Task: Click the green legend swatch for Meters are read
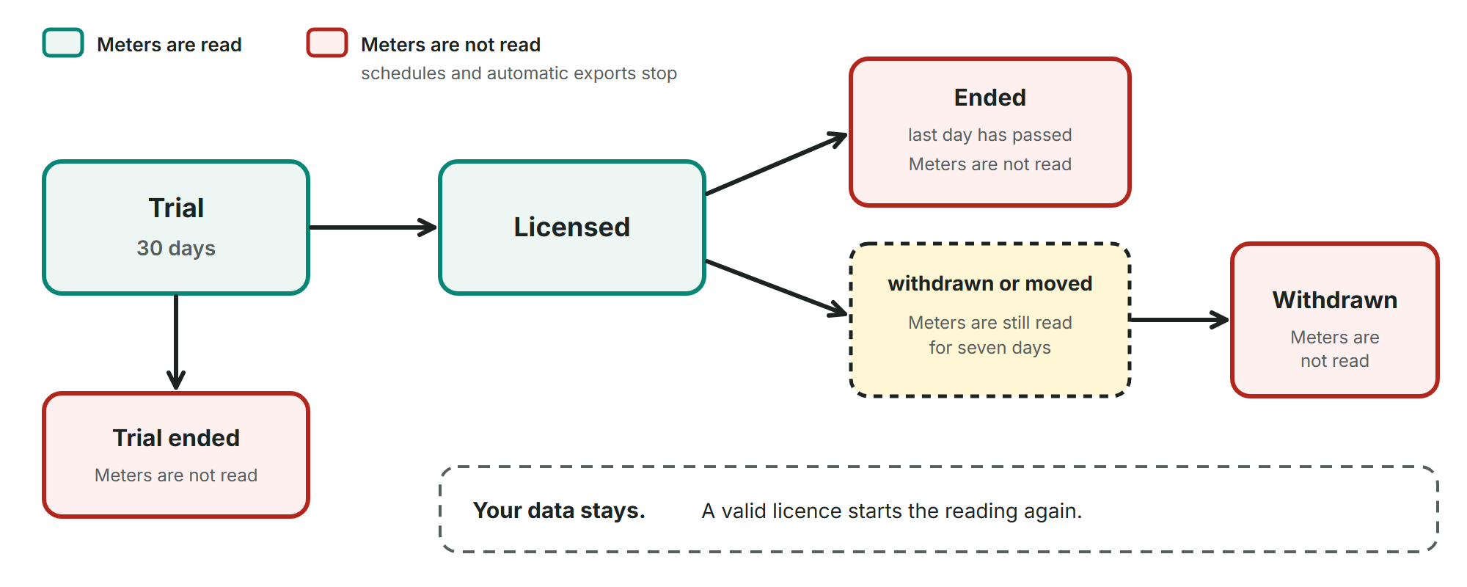(63, 43)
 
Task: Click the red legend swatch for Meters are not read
(327, 43)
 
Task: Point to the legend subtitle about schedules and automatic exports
(519, 73)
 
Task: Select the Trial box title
(176, 208)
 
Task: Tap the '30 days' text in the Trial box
(176, 248)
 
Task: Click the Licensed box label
(572, 227)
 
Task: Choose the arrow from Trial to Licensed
(373, 227)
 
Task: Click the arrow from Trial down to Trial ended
(176, 342)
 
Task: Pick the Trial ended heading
(176, 438)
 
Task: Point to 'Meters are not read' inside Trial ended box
(176, 475)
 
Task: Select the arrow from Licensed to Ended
(776, 164)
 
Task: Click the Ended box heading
(990, 98)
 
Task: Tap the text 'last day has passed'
(990, 135)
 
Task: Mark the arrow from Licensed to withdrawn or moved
(776, 288)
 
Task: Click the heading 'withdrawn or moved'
(990, 283)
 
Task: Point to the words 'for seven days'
(990, 348)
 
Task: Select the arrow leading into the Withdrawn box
(1179, 319)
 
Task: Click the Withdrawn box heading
(1335, 300)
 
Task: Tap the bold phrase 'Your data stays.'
(559, 510)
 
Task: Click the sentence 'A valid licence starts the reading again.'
(892, 511)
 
